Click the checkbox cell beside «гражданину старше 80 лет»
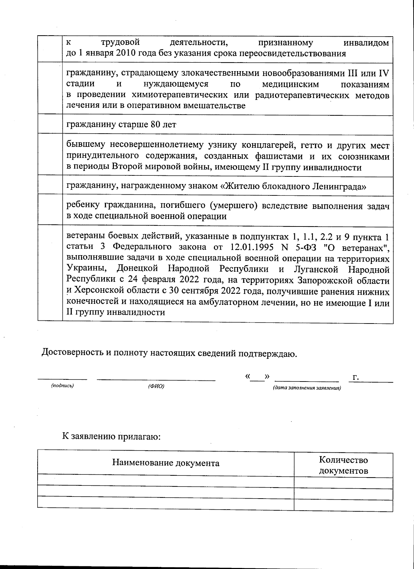coord(50,124)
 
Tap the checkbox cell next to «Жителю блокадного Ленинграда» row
coord(50,186)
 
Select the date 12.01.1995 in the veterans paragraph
coord(249,247)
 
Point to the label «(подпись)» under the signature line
coord(62,386)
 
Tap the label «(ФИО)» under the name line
coord(156,386)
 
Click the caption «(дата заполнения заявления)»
coord(307,388)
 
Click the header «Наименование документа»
coord(166,463)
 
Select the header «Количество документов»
coord(343,465)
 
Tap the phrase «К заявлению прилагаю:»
coord(111,437)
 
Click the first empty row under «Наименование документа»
coord(166,480)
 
